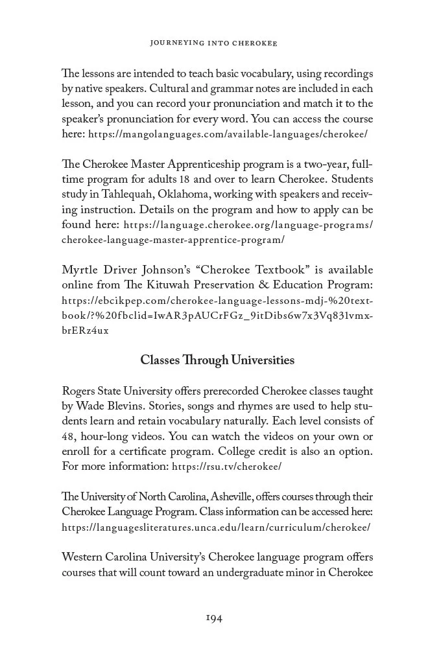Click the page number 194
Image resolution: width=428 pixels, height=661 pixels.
click(213, 618)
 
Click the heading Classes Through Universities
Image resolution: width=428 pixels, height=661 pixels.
click(217, 360)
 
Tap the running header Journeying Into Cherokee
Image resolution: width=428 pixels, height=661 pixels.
click(213, 43)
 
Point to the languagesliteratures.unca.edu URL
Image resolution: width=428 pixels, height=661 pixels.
click(216, 527)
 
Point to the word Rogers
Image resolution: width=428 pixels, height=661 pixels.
click(78, 391)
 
